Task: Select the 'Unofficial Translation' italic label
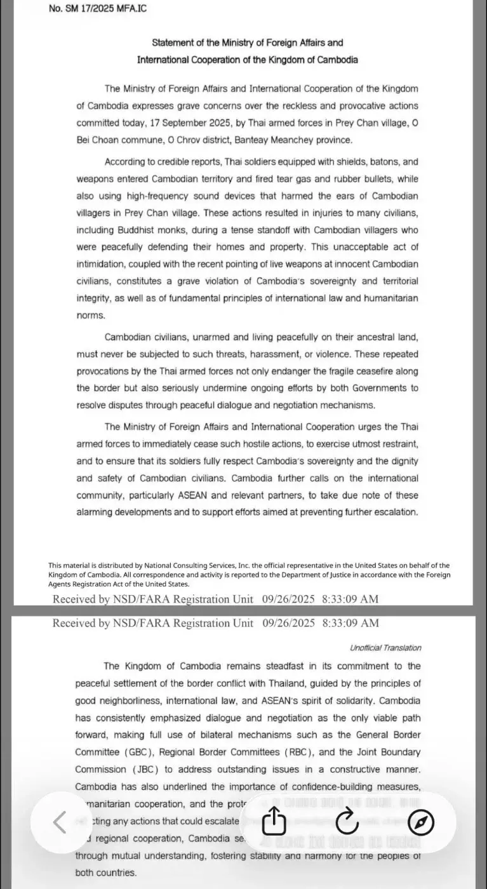click(385, 648)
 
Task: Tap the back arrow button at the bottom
click(59, 822)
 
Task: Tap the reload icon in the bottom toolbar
click(347, 823)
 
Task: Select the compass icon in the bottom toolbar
click(421, 823)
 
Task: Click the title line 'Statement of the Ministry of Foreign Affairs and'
click(247, 43)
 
